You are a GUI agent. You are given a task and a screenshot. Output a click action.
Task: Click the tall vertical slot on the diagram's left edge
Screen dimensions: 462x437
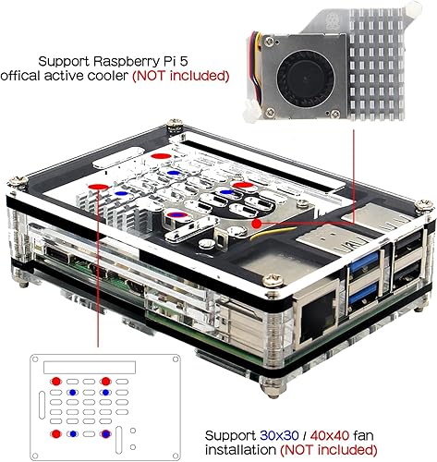pyautogui.click(x=41, y=406)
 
